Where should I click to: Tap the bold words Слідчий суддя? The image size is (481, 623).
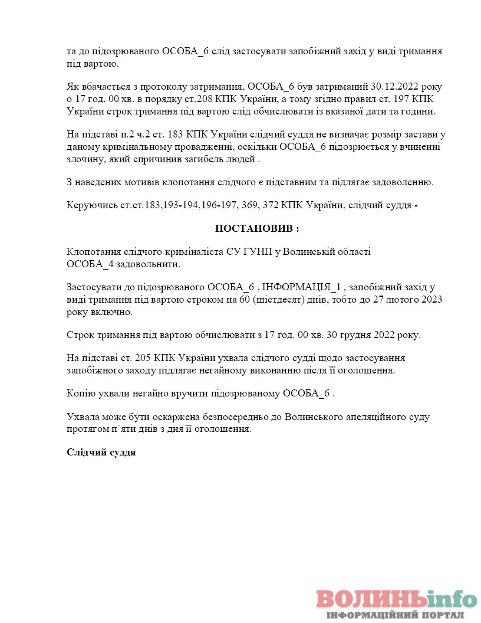coord(101,453)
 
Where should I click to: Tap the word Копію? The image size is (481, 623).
coord(80,394)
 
